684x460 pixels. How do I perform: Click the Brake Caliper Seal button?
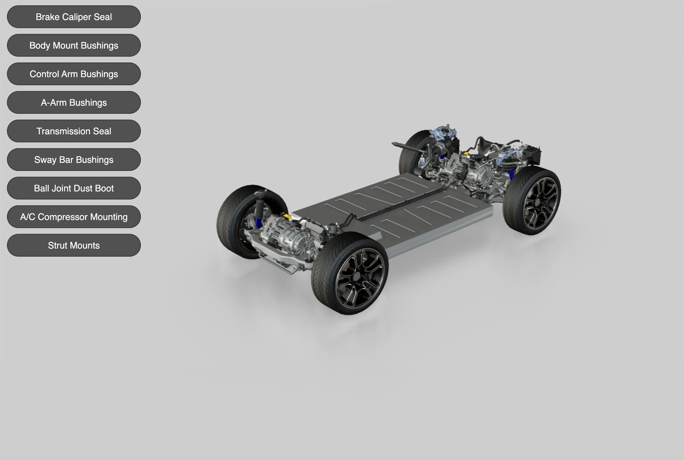click(x=74, y=17)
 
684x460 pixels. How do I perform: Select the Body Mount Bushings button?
click(x=74, y=45)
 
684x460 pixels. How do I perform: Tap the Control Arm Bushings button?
click(x=74, y=74)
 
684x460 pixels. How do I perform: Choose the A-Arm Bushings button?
click(x=74, y=102)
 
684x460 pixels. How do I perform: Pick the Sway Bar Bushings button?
click(x=74, y=159)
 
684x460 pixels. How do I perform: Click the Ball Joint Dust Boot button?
click(x=74, y=188)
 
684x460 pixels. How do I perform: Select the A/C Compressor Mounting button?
click(x=74, y=217)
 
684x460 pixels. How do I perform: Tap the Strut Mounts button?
click(x=74, y=245)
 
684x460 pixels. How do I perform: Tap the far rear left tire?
click(x=410, y=153)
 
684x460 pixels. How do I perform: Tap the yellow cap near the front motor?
click(x=284, y=216)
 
